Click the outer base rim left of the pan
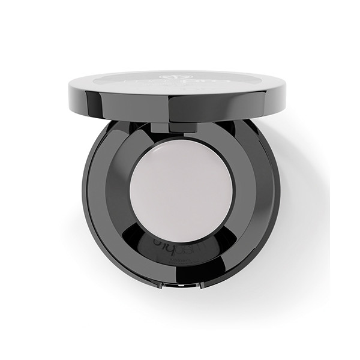(90, 192)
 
